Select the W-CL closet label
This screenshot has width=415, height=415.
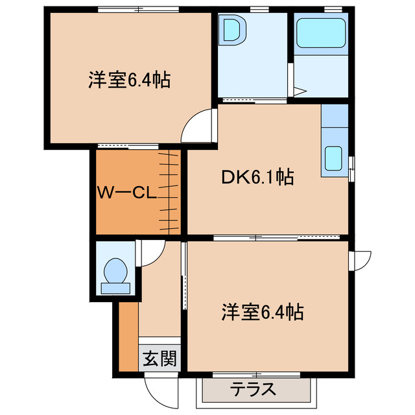click(124, 193)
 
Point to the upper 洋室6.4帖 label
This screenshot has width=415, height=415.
click(129, 81)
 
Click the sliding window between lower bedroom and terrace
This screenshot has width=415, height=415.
click(258, 374)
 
